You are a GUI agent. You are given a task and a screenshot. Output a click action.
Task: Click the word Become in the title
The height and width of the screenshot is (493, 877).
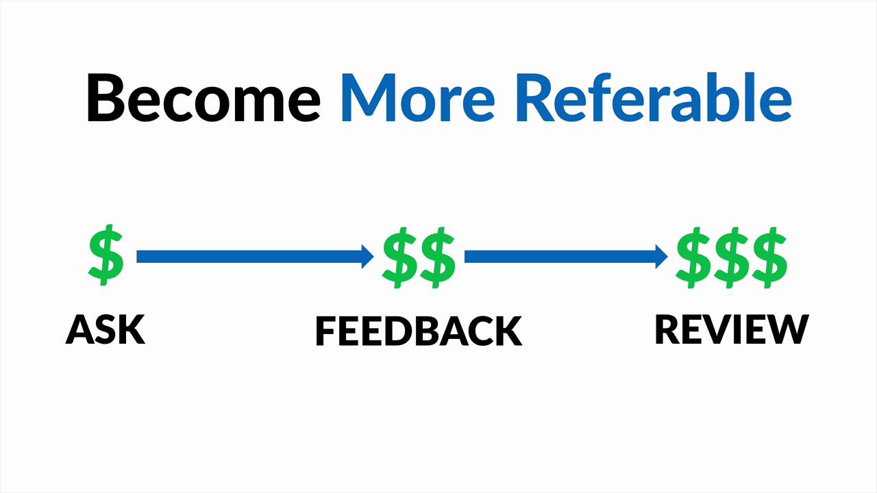point(203,97)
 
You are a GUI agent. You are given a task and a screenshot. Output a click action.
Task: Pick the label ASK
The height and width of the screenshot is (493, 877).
point(106,329)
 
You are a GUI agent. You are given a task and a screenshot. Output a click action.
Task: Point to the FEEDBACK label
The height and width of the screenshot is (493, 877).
point(418,331)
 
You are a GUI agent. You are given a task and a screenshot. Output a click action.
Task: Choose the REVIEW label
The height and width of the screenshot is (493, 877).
point(731,329)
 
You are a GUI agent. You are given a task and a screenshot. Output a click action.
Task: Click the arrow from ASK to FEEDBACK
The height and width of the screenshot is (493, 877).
point(254,257)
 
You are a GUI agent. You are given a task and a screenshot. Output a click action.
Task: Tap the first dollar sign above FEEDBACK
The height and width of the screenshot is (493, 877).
point(399,257)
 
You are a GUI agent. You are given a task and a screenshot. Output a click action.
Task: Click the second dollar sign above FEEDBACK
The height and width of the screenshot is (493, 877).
point(437,257)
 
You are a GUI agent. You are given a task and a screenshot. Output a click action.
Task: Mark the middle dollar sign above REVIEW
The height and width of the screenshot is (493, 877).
point(731,257)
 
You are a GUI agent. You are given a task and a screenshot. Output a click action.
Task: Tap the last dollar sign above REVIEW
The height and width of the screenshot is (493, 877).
point(769,257)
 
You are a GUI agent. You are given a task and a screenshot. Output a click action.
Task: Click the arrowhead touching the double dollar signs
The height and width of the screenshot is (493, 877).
point(367,257)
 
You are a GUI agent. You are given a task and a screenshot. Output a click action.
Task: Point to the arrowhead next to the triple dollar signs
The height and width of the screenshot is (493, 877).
point(661,257)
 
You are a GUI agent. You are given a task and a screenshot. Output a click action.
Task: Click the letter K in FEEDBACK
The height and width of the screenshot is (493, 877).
point(508,331)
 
